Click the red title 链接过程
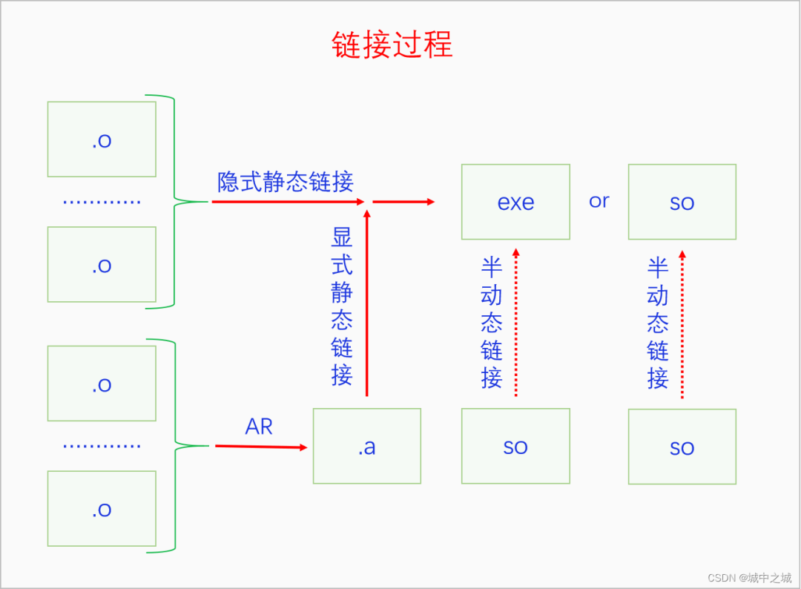coord(392,45)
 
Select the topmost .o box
coord(102,139)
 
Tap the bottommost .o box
coord(102,509)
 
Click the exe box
coord(515,202)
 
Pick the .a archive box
coord(366,447)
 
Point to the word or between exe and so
coord(599,201)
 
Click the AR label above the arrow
coord(259,427)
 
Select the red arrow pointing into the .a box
coord(260,447)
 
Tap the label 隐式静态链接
coord(285,182)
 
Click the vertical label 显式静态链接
coord(341,306)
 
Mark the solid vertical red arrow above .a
coord(366,304)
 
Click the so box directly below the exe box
coord(515,447)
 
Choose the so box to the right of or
coord(682,202)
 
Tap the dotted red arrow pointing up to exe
coord(516,323)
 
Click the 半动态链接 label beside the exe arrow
coord(491,323)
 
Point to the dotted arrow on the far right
coord(682,324)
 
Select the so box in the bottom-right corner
coord(682,447)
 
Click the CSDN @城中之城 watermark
coord(749,577)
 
